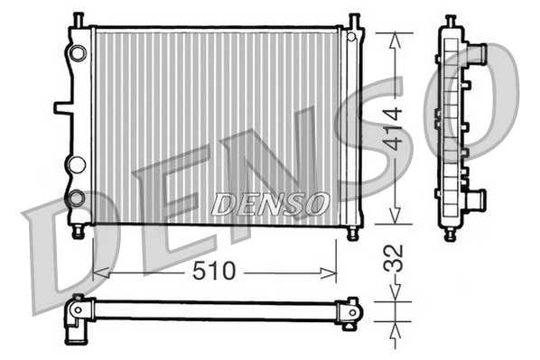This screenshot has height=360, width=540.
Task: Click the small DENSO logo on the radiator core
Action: [269, 204]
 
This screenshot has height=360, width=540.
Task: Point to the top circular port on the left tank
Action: [78, 53]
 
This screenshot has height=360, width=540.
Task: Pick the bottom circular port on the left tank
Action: [77, 197]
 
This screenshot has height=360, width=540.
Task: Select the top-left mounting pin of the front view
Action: [79, 19]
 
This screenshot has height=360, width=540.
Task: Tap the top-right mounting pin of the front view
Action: [353, 19]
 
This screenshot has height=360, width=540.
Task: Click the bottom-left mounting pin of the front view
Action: [79, 233]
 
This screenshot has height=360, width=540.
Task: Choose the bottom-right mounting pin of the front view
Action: [352, 233]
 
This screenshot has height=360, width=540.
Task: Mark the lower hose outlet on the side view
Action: [474, 199]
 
